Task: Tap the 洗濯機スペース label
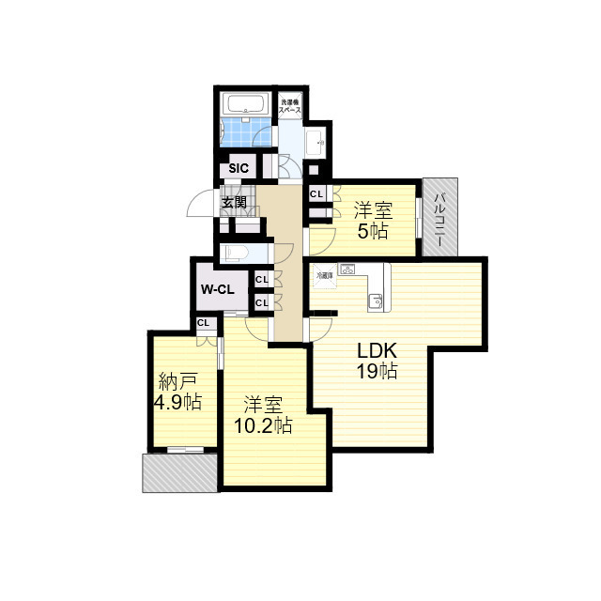pyautogui.click(x=289, y=105)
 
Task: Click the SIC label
pyautogui.click(x=239, y=169)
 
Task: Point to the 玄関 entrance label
pyautogui.click(x=234, y=202)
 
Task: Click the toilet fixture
pyautogui.click(x=235, y=253)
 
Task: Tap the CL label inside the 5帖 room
pyautogui.click(x=316, y=194)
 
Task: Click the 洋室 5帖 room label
pyautogui.click(x=371, y=220)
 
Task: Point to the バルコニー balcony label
pyautogui.click(x=439, y=218)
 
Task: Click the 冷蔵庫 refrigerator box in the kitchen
pyautogui.click(x=323, y=275)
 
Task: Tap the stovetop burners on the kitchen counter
pyautogui.click(x=347, y=270)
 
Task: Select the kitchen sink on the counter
pyautogui.click(x=375, y=301)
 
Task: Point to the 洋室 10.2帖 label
pyautogui.click(x=263, y=415)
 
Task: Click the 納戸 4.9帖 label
pyautogui.click(x=177, y=392)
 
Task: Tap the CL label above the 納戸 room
pyautogui.click(x=203, y=323)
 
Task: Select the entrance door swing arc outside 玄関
pyautogui.click(x=200, y=204)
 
